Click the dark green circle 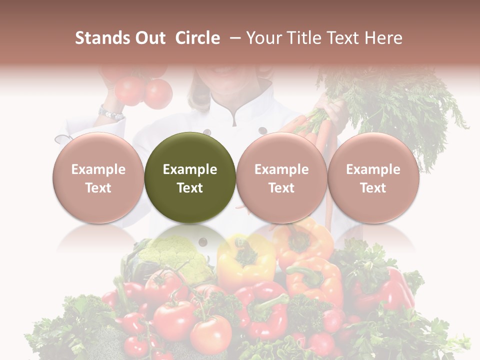pyautogui.click(x=189, y=177)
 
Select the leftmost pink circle pyautogui.click(x=98, y=177)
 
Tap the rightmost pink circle pyautogui.click(x=373, y=177)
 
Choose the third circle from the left pyautogui.click(x=281, y=177)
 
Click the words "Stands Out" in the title pyautogui.click(x=120, y=38)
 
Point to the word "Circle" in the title pyautogui.click(x=197, y=38)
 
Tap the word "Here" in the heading pyautogui.click(x=384, y=38)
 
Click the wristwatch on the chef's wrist pyautogui.click(x=110, y=113)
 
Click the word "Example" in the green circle pyautogui.click(x=189, y=169)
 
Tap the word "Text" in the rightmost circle pyautogui.click(x=373, y=187)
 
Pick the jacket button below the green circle pyautogui.click(x=202, y=242)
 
